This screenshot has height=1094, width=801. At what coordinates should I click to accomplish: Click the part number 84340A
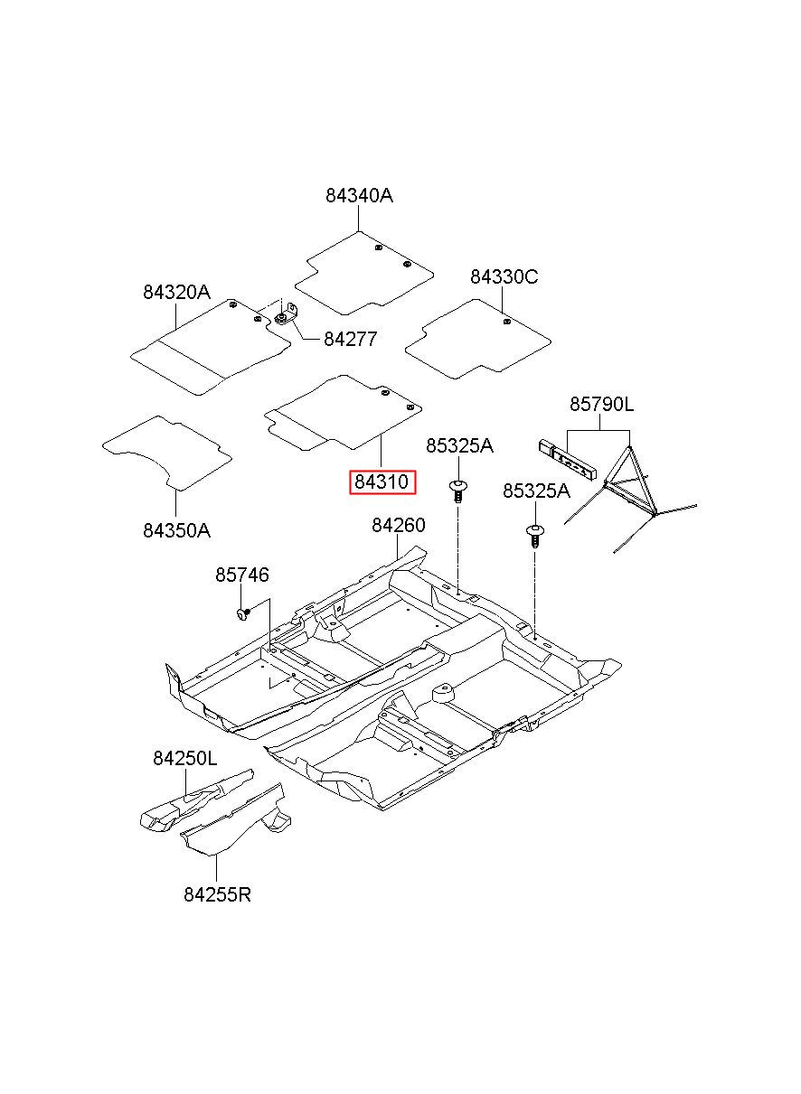359,196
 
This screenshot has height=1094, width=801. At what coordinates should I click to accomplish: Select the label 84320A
176,292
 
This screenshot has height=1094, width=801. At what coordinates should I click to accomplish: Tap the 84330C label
504,277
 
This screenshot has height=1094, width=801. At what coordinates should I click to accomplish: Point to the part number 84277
351,339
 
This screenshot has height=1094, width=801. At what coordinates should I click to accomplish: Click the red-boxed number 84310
382,482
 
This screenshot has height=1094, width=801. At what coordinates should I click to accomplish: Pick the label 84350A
176,530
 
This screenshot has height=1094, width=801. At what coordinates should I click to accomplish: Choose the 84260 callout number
399,525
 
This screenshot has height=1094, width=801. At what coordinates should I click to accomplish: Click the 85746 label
242,575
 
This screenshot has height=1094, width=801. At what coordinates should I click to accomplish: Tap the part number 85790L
601,404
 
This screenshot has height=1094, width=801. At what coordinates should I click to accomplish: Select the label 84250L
184,758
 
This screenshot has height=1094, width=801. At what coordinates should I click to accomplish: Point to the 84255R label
217,894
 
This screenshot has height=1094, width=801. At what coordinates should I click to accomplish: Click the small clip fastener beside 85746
243,613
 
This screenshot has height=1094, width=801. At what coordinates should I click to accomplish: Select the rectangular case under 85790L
568,458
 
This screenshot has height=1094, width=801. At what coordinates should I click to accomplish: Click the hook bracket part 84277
287,314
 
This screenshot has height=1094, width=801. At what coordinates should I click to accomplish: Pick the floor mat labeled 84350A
166,453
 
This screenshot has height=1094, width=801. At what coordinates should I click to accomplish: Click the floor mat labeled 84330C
478,339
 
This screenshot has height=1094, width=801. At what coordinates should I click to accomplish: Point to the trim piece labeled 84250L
197,801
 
